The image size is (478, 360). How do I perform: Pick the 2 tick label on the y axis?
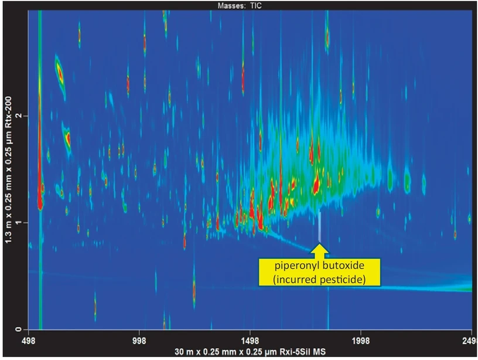tap(19, 116)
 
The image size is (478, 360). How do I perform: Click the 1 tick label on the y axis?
tap(19, 223)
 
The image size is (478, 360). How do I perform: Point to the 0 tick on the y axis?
tap(19, 330)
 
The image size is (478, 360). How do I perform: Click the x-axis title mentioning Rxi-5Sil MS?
tap(250, 352)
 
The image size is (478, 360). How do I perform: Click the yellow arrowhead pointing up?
tap(320, 249)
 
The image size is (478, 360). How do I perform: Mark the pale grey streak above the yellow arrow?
tap(320, 226)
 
